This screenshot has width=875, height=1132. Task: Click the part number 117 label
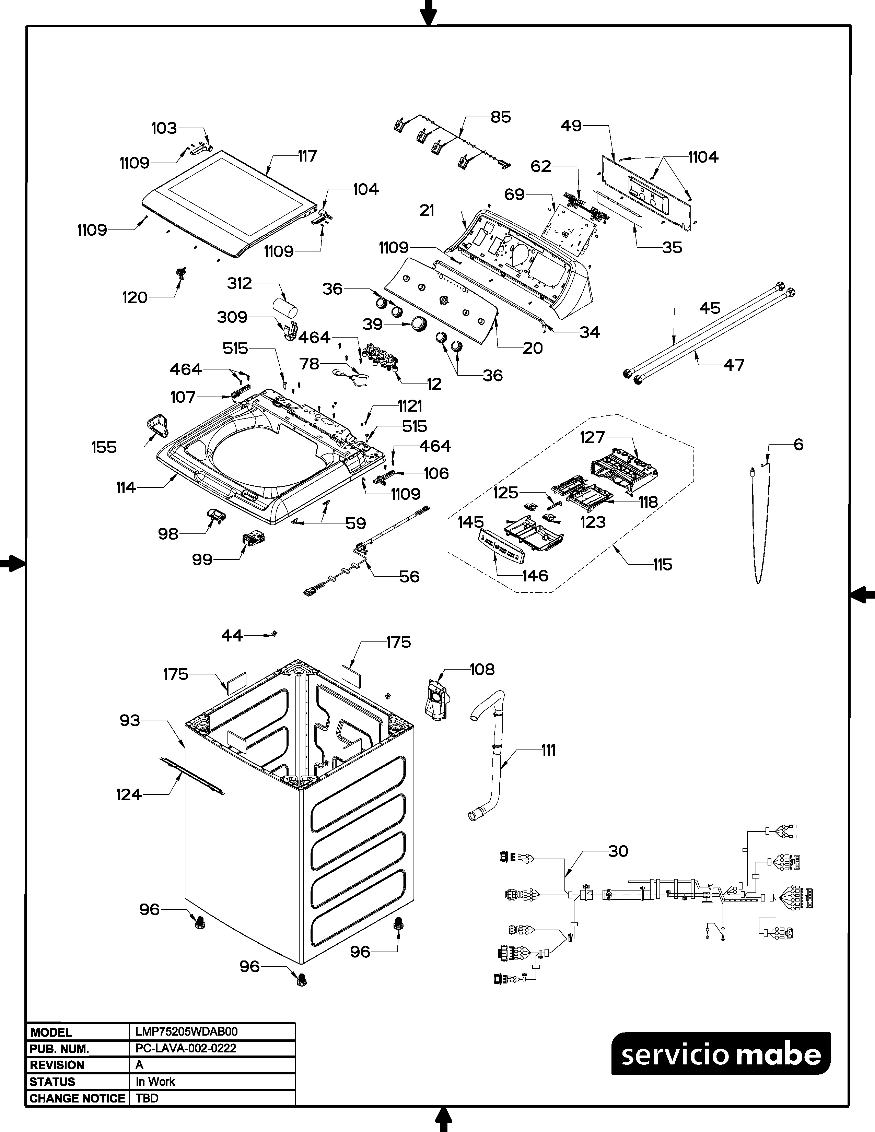307,156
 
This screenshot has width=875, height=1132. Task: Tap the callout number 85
500,117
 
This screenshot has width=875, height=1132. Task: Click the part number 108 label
482,669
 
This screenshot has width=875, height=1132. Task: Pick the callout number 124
129,794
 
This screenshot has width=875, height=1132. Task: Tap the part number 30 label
618,851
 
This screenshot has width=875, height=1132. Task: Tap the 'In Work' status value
155,1082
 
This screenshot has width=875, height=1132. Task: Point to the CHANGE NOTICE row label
77,1098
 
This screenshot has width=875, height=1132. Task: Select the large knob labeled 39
418,325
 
